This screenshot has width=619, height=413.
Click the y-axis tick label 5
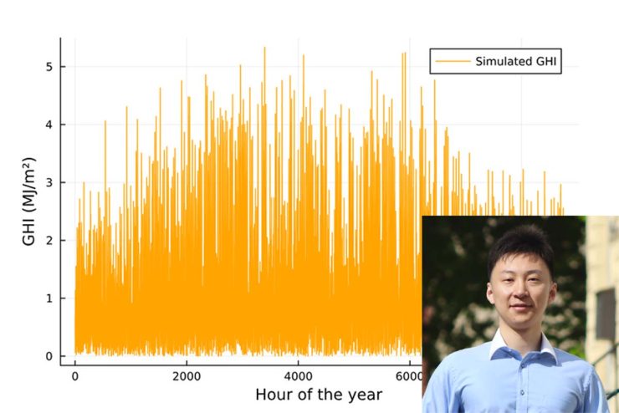(49, 67)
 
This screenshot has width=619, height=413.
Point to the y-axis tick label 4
(49, 125)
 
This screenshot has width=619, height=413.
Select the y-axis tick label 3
(49, 182)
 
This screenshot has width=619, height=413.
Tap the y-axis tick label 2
(49, 240)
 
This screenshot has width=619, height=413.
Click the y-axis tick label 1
(49, 298)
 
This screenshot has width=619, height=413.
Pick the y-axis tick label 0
(49, 356)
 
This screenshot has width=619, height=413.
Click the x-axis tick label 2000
(187, 377)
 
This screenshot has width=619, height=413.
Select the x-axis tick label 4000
(298, 377)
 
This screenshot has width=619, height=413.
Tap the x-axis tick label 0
(75, 377)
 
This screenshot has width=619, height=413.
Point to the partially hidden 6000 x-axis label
(409, 377)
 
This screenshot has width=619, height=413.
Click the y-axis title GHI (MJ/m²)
(28, 201)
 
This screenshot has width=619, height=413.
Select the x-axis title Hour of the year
(319, 395)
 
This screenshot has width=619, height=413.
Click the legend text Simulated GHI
(515, 62)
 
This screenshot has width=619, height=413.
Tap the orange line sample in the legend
(453, 61)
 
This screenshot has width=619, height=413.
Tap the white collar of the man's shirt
(522, 345)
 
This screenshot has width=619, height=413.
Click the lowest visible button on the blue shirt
(522, 392)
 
